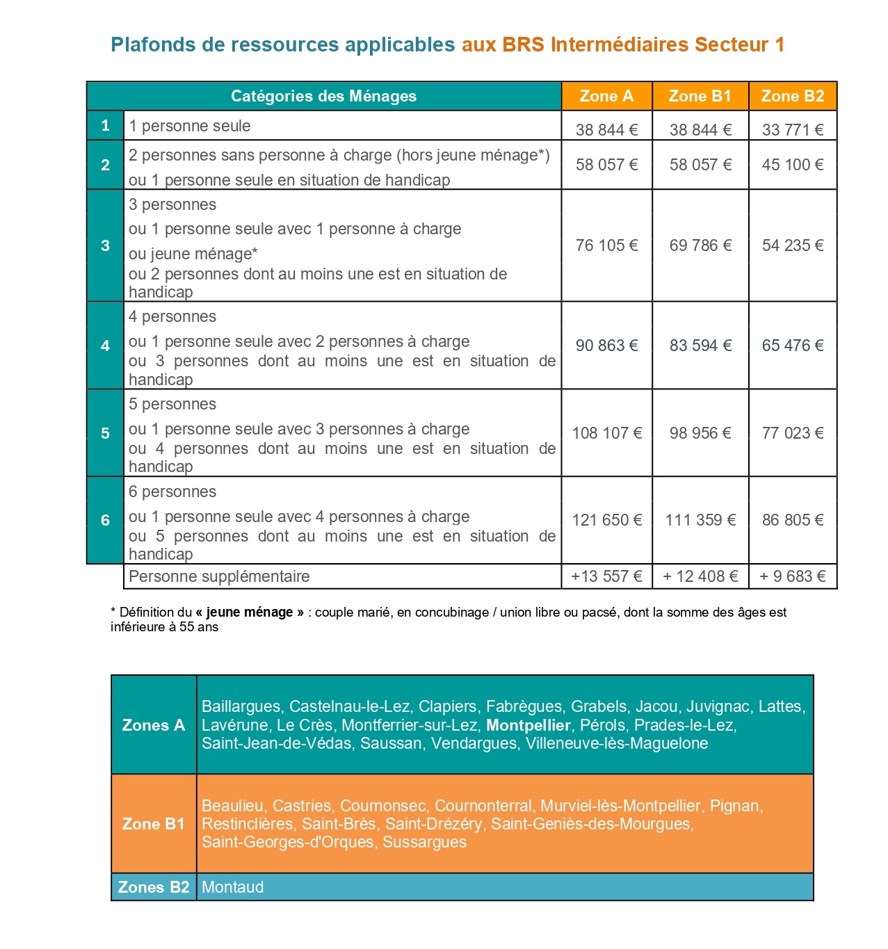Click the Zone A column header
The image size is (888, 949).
point(606,96)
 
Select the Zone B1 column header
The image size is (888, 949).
point(700,96)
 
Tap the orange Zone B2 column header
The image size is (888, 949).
point(792,96)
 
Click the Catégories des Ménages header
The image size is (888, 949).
point(323,96)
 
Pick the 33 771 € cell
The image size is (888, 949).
point(792,129)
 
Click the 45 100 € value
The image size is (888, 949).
point(792,165)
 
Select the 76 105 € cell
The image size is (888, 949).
point(606,245)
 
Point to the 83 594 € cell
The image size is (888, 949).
point(700,346)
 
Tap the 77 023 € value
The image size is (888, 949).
point(792,433)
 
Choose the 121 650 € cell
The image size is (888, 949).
point(606,520)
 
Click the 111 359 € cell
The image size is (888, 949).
point(700,520)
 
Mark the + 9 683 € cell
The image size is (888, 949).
point(792,576)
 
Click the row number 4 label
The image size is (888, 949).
point(105,346)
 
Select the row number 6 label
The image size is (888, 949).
point(105,520)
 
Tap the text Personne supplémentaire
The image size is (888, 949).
point(219,576)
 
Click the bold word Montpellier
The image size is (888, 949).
point(528,725)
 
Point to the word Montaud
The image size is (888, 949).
point(232,887)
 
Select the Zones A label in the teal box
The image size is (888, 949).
point(153,725)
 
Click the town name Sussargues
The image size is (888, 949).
point(424,842)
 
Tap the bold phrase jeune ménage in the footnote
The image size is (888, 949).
point(250,613)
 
